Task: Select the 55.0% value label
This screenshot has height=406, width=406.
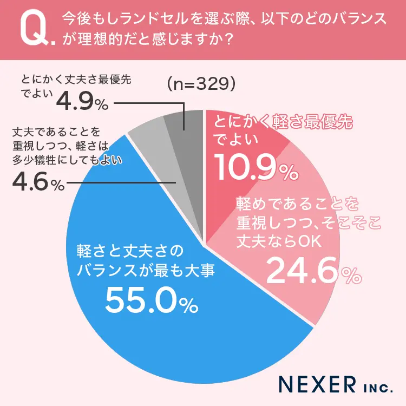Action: point(151,300)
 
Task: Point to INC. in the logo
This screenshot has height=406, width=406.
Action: point(373,386)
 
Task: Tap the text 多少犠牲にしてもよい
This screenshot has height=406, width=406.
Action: point(67,160)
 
